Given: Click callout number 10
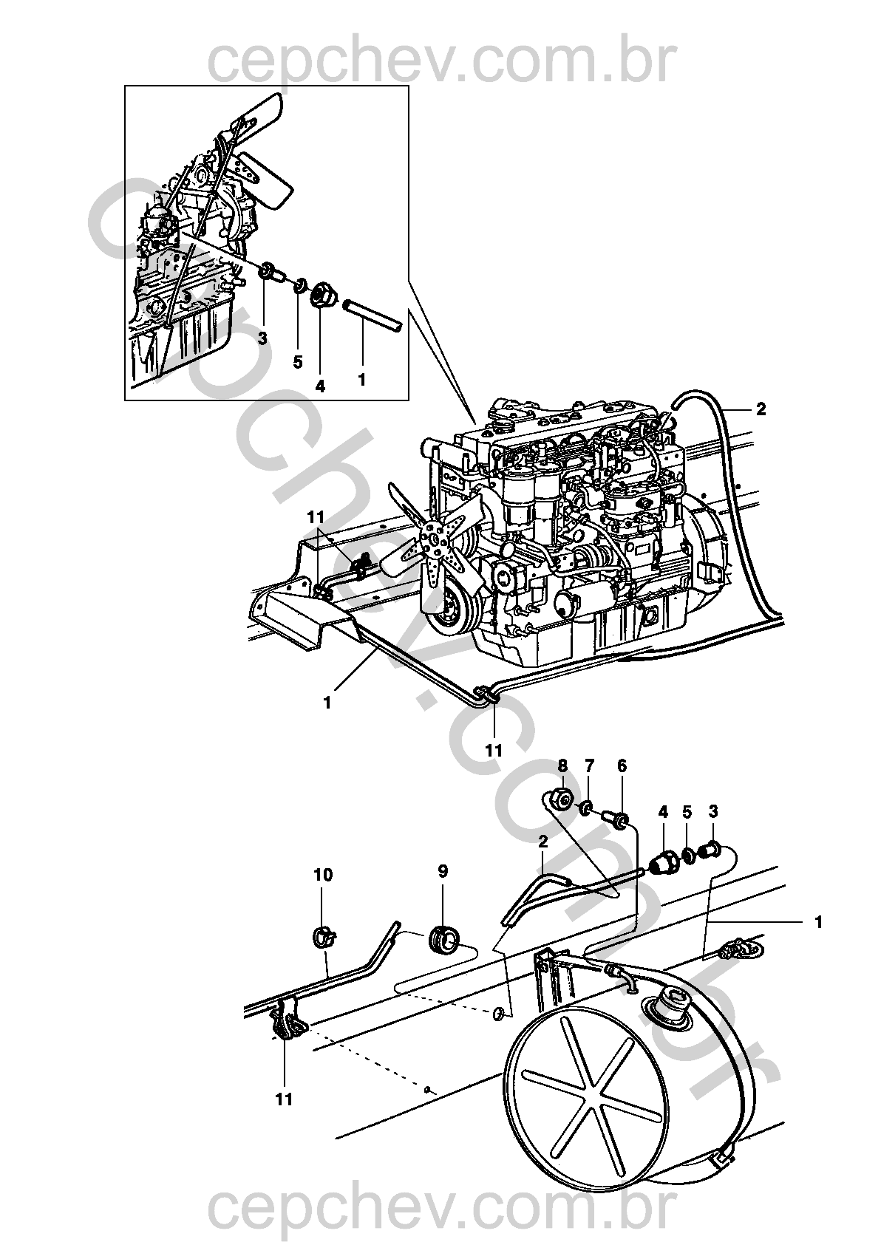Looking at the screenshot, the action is tap(323, 875).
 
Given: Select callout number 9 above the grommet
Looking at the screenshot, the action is tap(443, 872).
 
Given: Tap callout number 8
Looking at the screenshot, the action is tap(562, 765).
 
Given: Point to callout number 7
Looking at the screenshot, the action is tap(589, 765).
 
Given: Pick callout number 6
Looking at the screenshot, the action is tap(622, 765).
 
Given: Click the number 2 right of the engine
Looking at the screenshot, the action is tap(761, 409).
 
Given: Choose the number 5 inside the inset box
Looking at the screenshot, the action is tap(297, 362).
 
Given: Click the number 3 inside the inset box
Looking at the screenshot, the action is tap(262, 338).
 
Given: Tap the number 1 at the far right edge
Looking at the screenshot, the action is tap(819, 922).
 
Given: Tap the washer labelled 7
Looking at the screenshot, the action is tap(586, 808).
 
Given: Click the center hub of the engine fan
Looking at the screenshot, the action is tap(435, 539).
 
